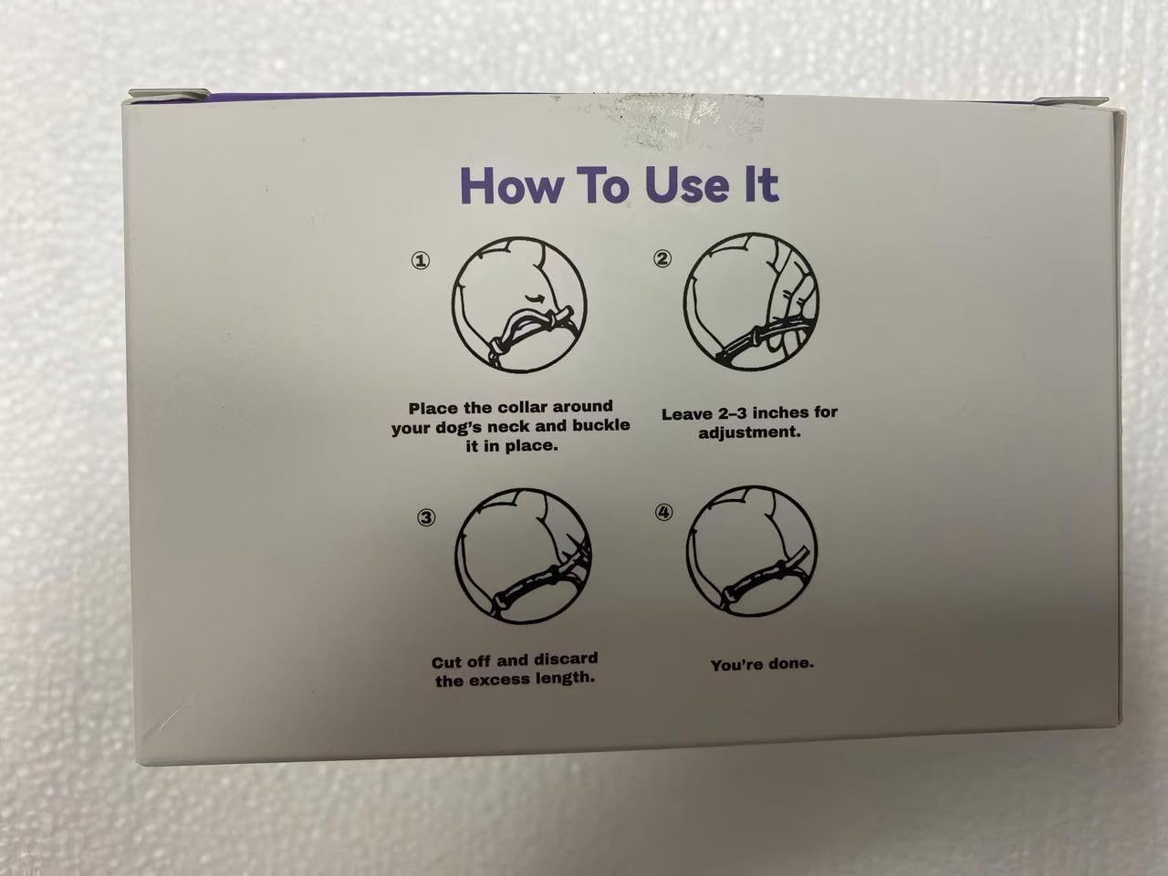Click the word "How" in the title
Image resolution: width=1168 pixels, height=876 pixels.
[x=511, y=185]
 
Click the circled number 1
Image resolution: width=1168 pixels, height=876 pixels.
[x=421, y=261]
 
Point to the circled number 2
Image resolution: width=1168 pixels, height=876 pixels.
[x=662, y=258]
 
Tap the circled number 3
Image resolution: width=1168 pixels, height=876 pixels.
[x=426, y=517]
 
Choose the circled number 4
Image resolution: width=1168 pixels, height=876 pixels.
[x=663, y=512]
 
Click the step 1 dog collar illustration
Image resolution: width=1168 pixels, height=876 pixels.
[x=519, y=305]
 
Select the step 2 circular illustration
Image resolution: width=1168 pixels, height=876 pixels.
[x=751, y=302]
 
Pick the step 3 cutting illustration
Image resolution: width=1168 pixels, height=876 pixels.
[x=523, y=556]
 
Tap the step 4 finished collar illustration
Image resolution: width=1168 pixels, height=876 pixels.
[x=751, y=551]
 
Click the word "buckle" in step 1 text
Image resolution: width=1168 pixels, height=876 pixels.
[x=600, y=425]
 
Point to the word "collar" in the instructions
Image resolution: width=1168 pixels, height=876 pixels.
[x=521, y=407]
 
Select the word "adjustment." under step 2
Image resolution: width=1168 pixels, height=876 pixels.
[x=749, y=432]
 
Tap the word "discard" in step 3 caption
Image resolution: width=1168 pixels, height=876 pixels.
[x=566, y=659]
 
